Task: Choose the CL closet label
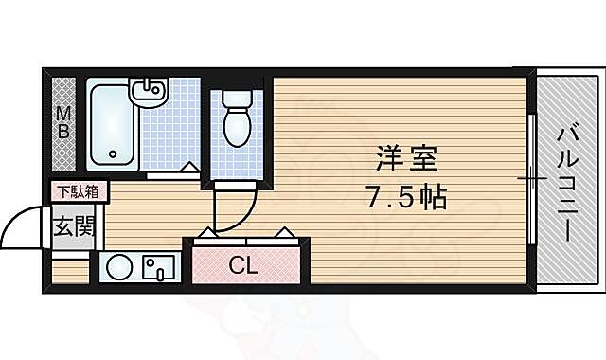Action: pos(243,266)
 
